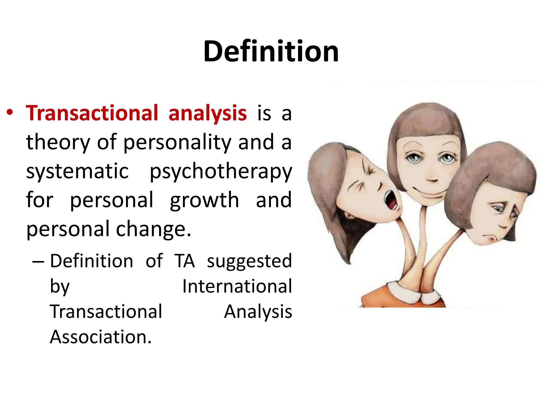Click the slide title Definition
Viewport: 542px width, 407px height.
[x=271, y=51]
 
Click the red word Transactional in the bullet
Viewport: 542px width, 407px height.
[x=92, y=113]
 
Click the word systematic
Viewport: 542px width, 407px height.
[x=77, y=171]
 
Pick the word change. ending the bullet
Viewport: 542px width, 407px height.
[x=153, y=229]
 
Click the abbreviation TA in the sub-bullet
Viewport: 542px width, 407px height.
[x=184, y=261]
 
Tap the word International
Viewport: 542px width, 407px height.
[x=237, y=286]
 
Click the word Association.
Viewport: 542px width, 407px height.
[x=101, y=337]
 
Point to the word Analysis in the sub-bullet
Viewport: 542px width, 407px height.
[x=258, y=312]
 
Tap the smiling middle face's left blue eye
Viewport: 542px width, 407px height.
[x=414, y=158]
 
